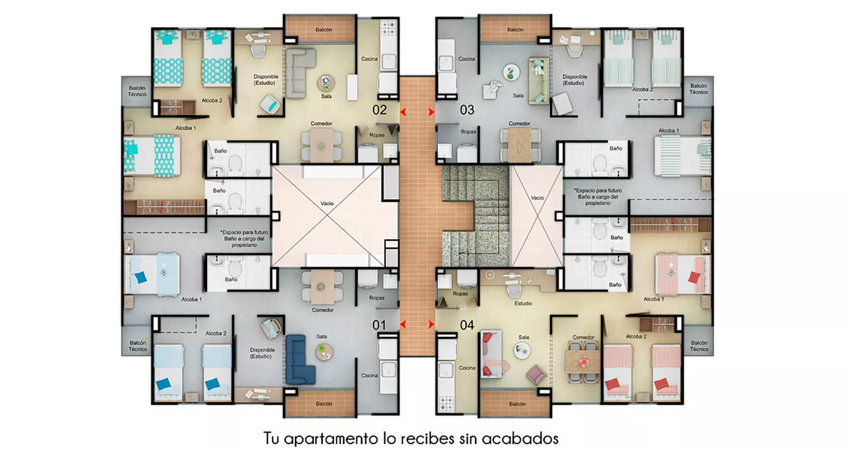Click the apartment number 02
tap(379, 110)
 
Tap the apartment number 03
tap(467, 110)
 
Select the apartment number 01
tap(379, 325)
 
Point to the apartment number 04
tap(467, 325)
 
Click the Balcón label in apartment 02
tap(324, 30)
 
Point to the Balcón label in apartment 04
tap(517, 404)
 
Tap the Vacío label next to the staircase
tap(537, 198)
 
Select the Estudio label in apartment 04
tap(523, 303)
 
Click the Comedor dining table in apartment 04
tap(583, 361)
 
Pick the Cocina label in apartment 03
tap(467, 59)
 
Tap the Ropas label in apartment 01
tap(377, 298)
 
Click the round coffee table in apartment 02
tap(326, 82)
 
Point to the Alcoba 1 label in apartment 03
tap(669, 131)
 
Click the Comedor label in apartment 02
tap(322, 124)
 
